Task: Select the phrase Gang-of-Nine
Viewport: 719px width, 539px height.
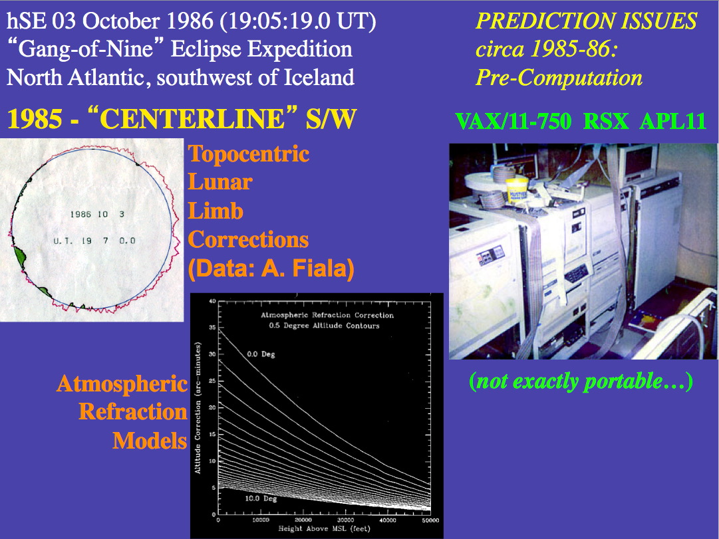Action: (86, 49)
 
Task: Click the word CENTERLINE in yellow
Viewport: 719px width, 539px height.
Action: (192, 119)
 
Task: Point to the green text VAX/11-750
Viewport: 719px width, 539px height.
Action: (513, 122)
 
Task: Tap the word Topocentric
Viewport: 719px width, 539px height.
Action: (249, 154)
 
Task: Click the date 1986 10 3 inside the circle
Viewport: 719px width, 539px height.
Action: (97, 214)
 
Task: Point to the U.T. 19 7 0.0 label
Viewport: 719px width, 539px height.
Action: (94, 241)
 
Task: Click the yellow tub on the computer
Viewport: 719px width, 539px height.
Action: (517, 191)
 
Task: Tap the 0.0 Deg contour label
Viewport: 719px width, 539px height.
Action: (261, 354)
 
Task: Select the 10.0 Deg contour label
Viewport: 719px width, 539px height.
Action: (261, 498)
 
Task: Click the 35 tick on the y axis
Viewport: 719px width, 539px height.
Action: (212, 328)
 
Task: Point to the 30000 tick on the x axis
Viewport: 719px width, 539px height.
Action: (345, 520)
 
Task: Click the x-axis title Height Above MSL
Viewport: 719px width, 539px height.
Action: (314, 528)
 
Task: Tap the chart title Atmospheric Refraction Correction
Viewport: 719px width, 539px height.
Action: (327, 315)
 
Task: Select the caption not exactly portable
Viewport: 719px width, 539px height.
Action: (581, 381)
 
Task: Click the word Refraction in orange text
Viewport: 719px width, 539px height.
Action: (133, 411)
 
